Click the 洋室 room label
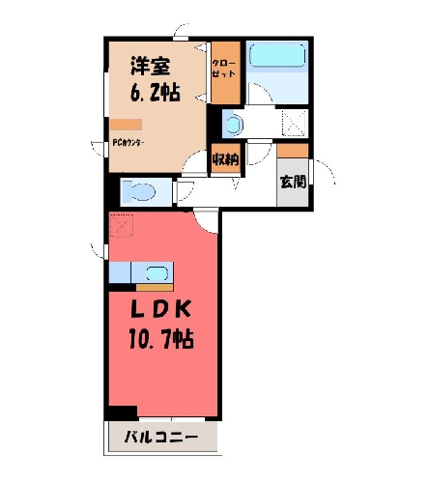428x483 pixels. pos(150,67)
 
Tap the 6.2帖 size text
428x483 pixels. pos(155,93)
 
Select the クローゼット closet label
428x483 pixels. pos(224,69)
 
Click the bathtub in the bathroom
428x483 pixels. pos(277,55)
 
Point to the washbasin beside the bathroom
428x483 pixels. pos(234,124)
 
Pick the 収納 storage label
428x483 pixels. pos(226,159)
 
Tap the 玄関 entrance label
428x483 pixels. pos(293,182)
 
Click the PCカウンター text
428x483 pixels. pos(128,143)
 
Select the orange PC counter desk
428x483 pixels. pos(126,125)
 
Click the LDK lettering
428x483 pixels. pos(161,310)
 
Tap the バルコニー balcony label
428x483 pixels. pos(161,438)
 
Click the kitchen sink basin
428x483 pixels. pos(157,273)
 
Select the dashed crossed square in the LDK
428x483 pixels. pos(122,225)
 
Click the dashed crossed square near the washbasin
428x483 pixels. pos(294,123)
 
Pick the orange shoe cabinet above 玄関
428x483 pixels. pos(293,151)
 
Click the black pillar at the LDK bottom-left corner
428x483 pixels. pos(123,412)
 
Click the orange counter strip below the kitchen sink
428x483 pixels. pos(155,288)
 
